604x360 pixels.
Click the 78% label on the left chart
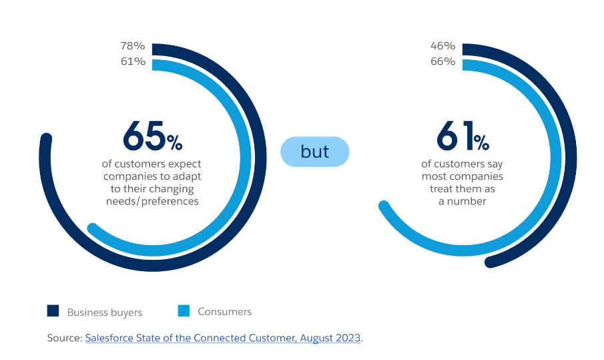click(133, 46)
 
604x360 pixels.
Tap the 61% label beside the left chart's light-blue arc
click(133, 61)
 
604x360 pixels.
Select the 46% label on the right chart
click(443, 46)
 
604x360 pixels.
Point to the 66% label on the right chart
click(443, 61)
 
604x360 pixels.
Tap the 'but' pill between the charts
click(314, 152)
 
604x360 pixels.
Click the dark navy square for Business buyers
click(53, 311)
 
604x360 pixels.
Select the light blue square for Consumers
click(184, 311)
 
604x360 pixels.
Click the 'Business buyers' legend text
click(105, 312)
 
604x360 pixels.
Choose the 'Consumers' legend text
click(225, 311)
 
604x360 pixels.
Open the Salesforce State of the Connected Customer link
click(223, 338)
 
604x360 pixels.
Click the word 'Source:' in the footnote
click(64, 338)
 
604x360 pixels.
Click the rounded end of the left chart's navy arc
click(45, 139)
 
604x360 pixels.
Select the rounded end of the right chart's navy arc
click(490, 262)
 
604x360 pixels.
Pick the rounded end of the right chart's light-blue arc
click(384, 205)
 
